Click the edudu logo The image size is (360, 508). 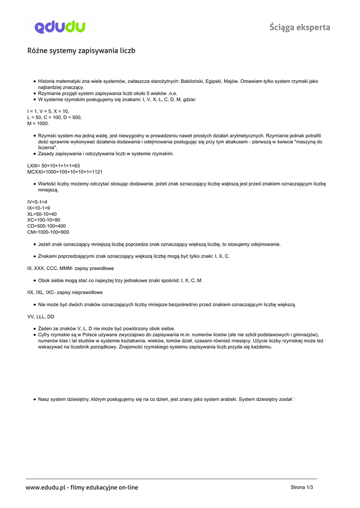click(60, 27)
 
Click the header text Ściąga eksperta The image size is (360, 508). click(299, 27)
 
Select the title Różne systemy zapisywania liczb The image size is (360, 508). click(81, 51)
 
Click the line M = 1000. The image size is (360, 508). click(38, 124)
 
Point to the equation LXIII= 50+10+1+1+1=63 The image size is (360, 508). click(54, 166)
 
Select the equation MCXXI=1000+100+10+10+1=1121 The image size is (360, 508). click(65, 172)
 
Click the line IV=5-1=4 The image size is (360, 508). click(37, 202)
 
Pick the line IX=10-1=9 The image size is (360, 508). click(39, 208)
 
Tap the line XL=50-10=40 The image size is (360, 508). click(42, 214)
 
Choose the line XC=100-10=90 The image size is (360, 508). click(44, 220)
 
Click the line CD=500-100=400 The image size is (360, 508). click(47, 226)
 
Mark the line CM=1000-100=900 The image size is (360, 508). click(48, 232)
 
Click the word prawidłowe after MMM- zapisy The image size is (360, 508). click(102, 268)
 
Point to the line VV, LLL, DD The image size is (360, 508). click(41, 316)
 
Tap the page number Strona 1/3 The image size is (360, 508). click(302, 487)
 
